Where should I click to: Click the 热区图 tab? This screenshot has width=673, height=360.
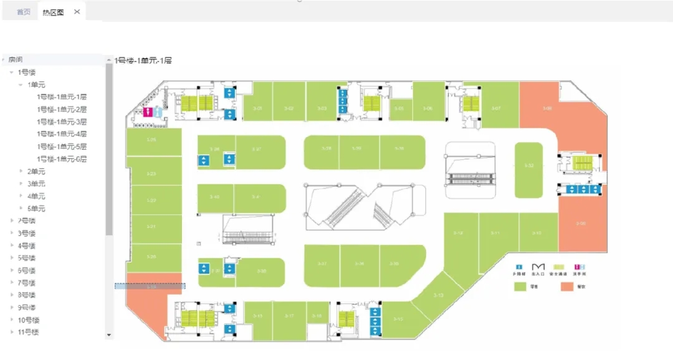coord(52,12)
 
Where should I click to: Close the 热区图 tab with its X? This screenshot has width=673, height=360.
coord(77,12)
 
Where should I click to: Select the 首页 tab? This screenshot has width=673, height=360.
coord(23,12)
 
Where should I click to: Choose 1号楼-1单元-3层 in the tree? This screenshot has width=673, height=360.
coord(62,121)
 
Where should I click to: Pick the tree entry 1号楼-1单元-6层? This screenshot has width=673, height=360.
coord(62,159)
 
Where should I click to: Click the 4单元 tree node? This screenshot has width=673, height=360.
coord(36,196)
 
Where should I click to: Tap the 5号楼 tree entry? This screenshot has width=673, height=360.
coord(27,258)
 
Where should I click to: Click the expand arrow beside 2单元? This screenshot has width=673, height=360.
coord(21,171)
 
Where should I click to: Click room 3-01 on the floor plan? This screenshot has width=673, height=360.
coord(257,109)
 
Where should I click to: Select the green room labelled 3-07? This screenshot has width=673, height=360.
coord(496,109)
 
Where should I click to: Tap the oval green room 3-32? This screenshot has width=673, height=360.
coord(529,166)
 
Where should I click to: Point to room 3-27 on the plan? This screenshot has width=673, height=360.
coord(257,149)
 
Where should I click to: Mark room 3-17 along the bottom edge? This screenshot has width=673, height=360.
coord(289,316)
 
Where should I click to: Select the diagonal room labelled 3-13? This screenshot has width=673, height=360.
coord(439,295)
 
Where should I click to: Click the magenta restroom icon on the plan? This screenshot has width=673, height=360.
coord(149,111)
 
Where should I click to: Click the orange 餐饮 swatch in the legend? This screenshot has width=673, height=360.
coord(566,287)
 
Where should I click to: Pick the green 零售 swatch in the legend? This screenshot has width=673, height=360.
coord(520,287)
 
